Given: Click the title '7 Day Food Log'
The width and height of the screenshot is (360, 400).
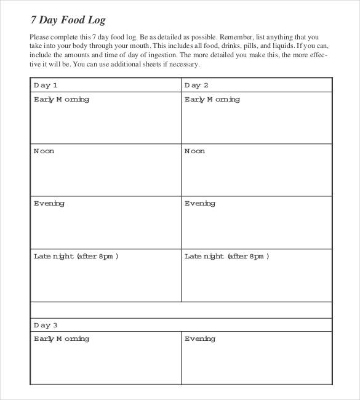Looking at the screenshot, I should [x=68, y=20].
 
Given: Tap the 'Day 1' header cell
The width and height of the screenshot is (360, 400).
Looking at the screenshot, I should [x=46, y=86].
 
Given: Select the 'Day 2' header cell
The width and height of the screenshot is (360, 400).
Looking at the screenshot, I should [x=197, y=86].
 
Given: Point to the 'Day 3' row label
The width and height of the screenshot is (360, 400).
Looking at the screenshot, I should [x=46, y=325].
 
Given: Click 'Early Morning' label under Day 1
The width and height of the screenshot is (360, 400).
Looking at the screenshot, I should [x=61, y=100].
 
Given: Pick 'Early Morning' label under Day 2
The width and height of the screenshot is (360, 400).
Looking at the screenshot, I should [x=212, y=100].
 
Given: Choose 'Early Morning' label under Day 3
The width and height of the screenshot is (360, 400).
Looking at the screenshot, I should [x=61, y=339].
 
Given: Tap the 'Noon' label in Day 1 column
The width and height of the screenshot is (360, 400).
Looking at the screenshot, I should [x=44, y=151].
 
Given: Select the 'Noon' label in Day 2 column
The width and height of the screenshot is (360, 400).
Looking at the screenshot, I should [x=195, y=151].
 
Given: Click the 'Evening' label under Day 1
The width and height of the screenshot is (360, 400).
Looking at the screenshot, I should [x=49, y=204].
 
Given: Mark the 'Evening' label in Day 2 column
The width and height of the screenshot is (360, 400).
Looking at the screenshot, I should [x=200, y=204].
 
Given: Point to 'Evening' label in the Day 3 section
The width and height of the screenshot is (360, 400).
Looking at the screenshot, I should [x=200, y=339].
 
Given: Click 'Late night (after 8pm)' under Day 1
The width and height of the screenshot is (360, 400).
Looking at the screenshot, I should [x=76, y=257].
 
